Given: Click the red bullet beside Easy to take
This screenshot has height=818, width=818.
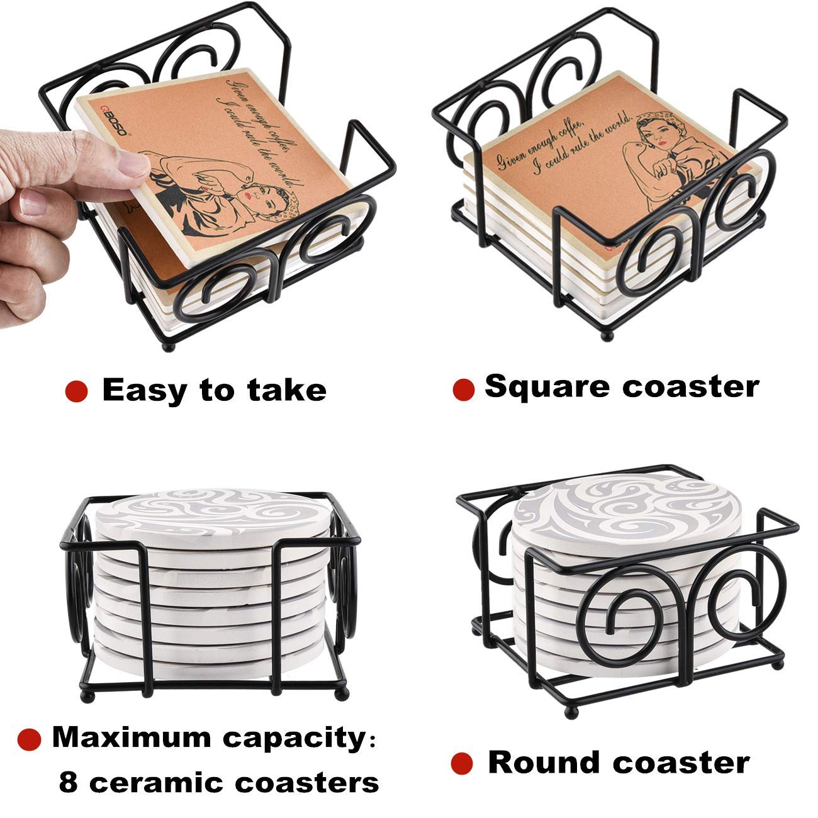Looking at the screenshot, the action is pyautogui.click(x=76, y=391).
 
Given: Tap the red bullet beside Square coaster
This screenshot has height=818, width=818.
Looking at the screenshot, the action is pyautogui.click(x=464, y=389).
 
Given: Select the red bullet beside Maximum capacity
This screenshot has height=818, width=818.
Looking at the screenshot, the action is pyautogui.click(x=30, y=739).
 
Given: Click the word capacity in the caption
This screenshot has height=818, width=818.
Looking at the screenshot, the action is pyautogui.click(x=294, y=740).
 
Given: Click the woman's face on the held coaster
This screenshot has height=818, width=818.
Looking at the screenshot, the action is pyautogui.click(x=258, y=199).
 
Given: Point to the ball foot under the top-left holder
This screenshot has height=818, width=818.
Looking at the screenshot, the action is pyautogui.click(x=169, y=347).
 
